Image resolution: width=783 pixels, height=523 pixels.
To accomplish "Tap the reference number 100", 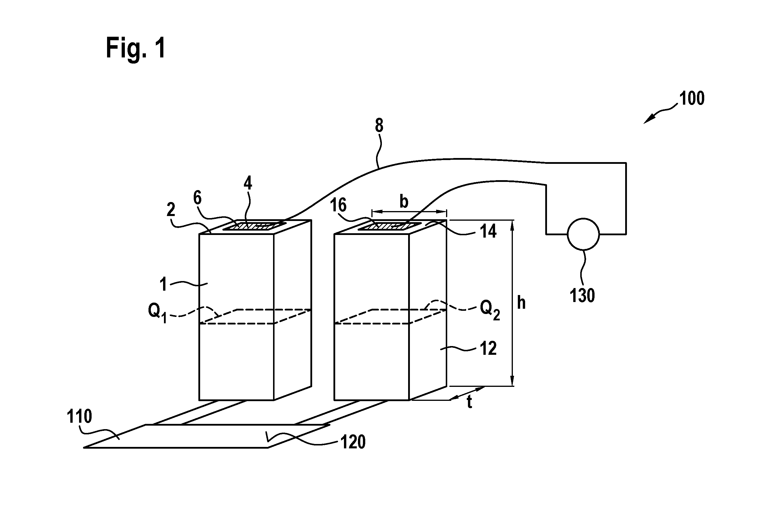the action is (692, 99).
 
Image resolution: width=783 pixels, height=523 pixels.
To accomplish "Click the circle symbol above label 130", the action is (583, 234).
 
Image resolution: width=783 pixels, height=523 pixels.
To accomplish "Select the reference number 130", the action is (582, 296).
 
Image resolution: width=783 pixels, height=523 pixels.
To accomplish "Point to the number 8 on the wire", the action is (379, 126).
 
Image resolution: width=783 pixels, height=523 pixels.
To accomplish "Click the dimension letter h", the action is (521, 303).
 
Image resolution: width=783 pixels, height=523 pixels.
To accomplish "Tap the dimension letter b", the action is (404, 201).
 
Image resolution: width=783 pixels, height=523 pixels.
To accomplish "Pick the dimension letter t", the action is (469, 402).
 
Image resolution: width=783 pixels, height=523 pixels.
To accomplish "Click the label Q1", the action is (158, 313).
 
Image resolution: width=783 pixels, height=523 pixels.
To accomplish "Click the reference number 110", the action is (79, 416).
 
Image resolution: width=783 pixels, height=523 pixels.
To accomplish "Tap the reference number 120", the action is (353, 442).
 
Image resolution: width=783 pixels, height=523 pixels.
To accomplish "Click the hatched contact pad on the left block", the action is (254, 226).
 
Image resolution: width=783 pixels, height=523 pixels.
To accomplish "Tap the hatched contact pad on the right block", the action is (389, 226).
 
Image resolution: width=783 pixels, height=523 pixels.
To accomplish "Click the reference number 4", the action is (248, 183).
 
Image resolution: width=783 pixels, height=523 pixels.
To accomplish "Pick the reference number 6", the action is (198, 198).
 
